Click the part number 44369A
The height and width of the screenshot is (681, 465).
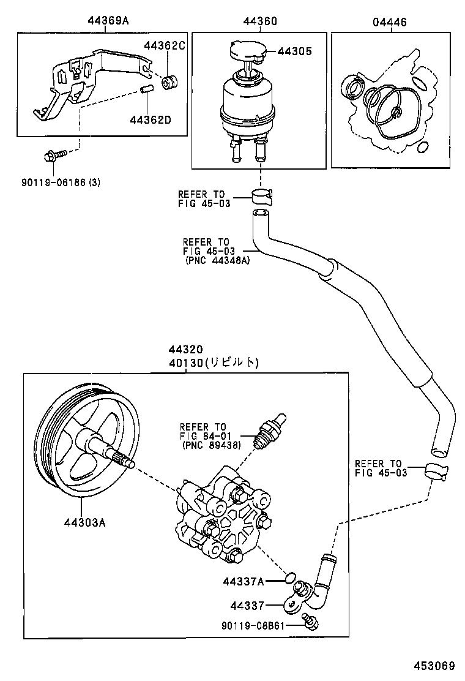108,21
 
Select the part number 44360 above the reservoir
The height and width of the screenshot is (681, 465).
259,21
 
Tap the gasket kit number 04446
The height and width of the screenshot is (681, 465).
389,21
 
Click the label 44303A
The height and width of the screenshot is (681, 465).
84,522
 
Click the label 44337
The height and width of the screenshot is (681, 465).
247,606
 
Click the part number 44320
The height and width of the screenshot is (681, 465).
185,350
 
